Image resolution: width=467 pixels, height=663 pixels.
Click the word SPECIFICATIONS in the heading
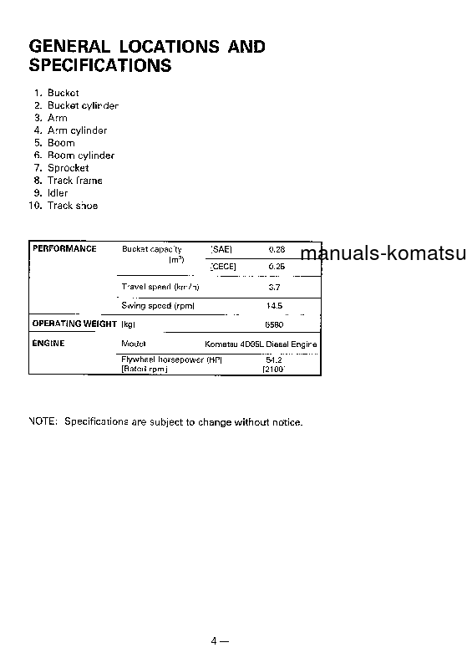[x=100, y=65]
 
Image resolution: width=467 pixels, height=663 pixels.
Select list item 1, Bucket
[x=63, y=93]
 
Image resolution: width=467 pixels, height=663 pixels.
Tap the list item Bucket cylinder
[x=83, y=105]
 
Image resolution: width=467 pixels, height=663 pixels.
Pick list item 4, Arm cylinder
[x=77, y=130]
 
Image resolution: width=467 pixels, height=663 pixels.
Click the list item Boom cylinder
[x=81, y=156]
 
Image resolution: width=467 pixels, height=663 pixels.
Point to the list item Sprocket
[x=68, y=168]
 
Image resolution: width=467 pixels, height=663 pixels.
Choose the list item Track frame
[x=75, y=181]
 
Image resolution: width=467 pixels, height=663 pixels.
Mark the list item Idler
[x=58, y=193]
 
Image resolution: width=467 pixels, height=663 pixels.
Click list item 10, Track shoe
[x=73, y=206]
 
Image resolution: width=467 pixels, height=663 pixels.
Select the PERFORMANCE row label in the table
[x=64, y=249]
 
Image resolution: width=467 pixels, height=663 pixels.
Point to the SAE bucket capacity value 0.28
[x=277, y=249]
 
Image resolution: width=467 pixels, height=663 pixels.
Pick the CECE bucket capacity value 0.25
[x=277, y=267]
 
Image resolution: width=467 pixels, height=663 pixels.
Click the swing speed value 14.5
[x=274, y=306]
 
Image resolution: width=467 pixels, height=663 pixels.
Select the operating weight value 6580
[x=274, y=324]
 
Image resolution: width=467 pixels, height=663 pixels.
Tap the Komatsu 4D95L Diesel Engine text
[x=261, y=344]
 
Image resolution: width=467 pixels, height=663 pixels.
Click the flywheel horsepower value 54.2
[x=274, y=360]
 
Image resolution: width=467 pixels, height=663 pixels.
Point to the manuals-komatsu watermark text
[x=383, y=253]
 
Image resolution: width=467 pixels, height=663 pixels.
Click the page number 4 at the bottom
[x=215, y=641]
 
